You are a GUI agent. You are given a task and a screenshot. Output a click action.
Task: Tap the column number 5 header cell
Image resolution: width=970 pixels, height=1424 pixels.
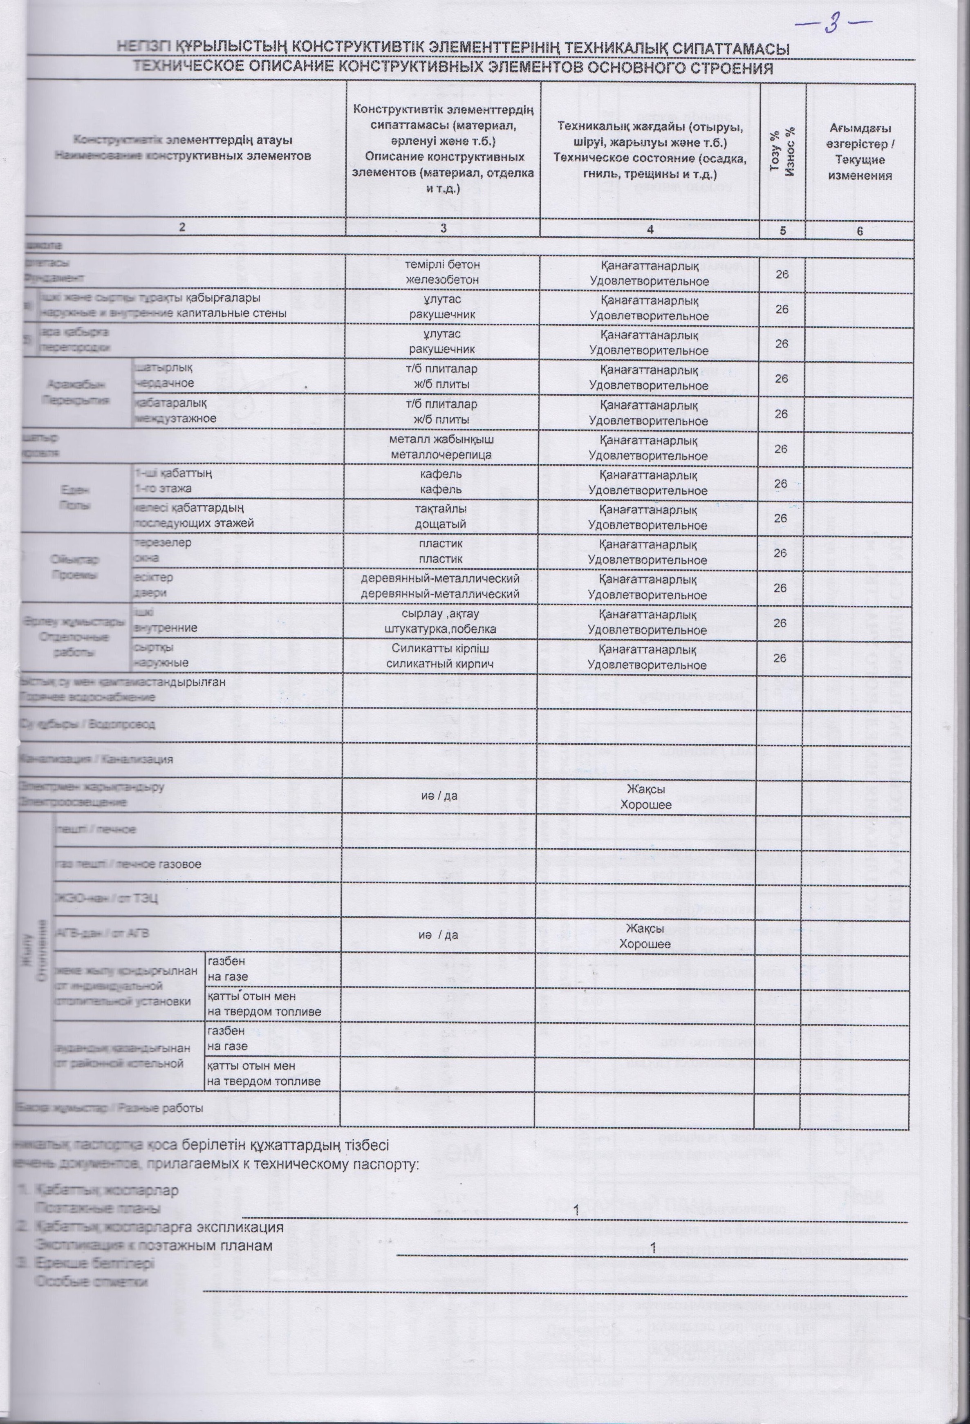coord(782,231)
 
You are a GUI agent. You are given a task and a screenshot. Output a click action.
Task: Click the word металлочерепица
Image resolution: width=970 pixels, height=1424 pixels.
coord(442,455)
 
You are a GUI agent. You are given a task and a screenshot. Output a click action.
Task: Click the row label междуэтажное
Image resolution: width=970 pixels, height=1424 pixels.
coord(174,419)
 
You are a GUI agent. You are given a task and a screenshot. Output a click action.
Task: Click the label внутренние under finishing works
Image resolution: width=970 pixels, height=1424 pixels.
coord(165,628)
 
